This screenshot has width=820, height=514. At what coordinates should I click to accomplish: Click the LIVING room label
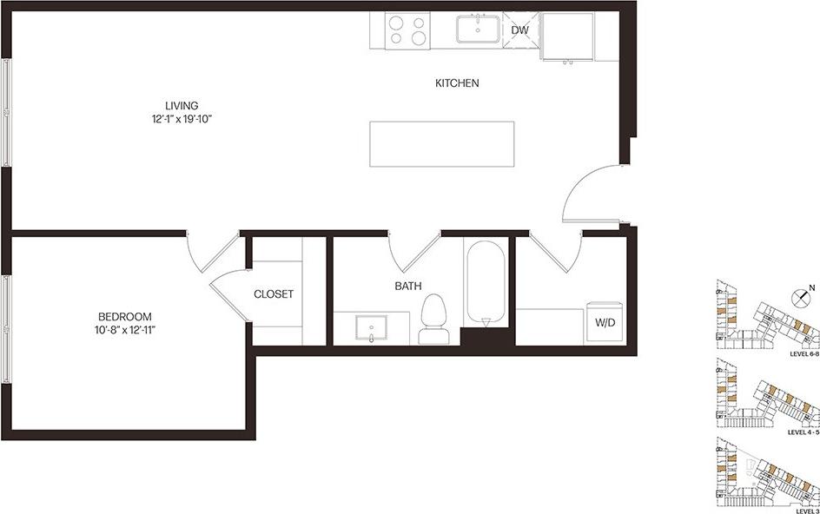182,106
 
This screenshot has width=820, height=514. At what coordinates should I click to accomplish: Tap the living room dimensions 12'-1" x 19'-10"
182,119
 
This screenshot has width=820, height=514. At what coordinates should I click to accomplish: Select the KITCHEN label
457,83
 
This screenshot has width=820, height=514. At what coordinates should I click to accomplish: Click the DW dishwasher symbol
519,30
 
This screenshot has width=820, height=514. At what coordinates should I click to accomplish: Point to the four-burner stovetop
407,31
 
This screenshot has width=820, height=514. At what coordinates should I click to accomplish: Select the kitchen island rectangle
441,143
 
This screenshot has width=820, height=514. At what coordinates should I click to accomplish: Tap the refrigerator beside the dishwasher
569,36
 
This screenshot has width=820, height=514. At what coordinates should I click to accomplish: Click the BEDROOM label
125,316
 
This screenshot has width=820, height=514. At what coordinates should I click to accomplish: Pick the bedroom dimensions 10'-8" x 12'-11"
125,329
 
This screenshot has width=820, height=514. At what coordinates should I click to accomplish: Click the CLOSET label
273,294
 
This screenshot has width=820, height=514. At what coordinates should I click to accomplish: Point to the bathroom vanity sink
374,329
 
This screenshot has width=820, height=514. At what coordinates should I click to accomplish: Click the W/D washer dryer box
605,323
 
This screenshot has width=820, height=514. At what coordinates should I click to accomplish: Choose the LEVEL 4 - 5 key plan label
803,432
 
